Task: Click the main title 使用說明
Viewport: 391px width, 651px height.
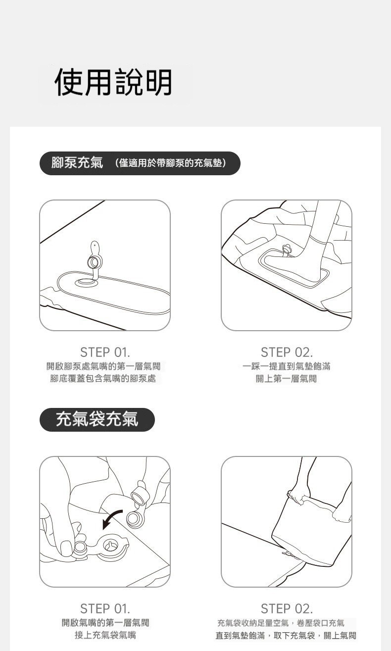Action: click(113, 82)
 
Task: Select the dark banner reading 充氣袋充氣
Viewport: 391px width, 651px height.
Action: click(97, 420)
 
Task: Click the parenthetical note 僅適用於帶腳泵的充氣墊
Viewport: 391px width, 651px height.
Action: click(171, 163)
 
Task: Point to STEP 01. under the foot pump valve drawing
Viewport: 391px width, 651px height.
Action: click(105, 352)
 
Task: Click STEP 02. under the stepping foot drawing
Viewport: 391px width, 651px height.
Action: click(287, 352)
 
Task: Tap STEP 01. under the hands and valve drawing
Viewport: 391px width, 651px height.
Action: click(105, 609)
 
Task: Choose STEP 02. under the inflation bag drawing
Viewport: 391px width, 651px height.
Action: click(287, 609)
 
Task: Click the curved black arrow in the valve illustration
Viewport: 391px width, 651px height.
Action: click(112, 519)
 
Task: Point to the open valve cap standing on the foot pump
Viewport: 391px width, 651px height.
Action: click(95, 258)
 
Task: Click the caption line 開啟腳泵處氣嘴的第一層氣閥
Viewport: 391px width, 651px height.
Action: click(103, 366)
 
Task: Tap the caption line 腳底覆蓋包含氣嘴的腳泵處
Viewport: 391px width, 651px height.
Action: click(103, 378)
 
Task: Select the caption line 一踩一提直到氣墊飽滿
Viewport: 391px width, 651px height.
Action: click(287, 366)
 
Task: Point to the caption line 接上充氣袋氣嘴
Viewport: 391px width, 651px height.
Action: click(105, 635)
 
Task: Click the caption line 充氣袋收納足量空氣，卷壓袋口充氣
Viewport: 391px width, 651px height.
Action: click(281, 623)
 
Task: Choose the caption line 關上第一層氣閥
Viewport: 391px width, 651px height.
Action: click(286, 378)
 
